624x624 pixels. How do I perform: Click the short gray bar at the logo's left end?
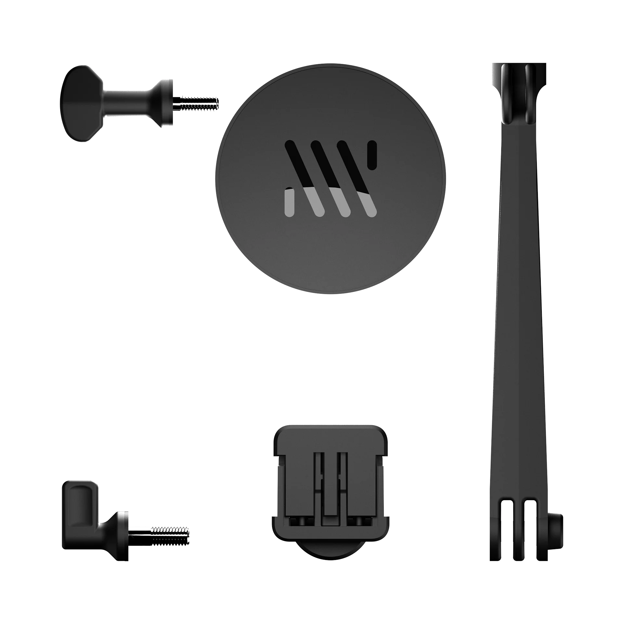(289, 203)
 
